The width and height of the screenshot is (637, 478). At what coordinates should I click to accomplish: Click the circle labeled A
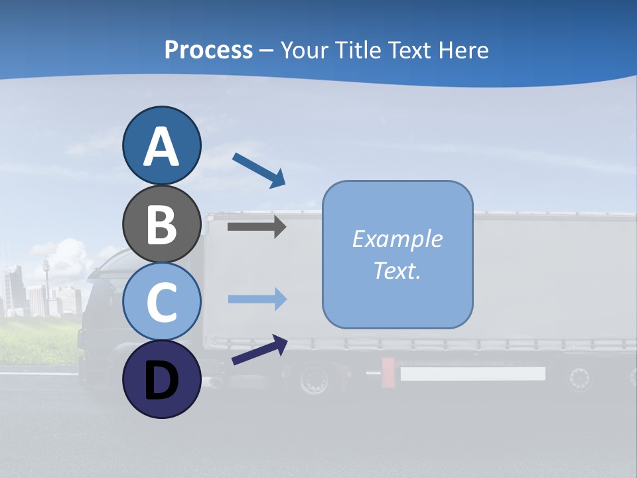pos(161,145)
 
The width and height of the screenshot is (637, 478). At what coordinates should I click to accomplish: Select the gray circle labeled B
pos(161,224)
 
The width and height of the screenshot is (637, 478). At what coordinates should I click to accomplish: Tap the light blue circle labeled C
pos(161,301)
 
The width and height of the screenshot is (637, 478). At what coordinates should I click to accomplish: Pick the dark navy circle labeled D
pos(161,379)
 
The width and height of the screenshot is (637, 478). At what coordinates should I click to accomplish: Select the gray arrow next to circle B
pos(256,226)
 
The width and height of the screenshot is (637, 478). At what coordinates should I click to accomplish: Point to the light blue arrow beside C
pos(257,299)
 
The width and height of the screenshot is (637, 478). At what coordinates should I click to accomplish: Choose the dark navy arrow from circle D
pos(259,350)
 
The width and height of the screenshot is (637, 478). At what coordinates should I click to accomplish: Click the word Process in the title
pos(208,50)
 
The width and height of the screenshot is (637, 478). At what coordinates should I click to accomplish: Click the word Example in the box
pos(397,239)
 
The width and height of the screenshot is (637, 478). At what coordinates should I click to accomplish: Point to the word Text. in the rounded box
pos(397,270)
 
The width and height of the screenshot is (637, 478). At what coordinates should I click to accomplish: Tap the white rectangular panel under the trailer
pos(472,374)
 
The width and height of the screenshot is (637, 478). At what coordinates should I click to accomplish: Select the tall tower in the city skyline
pos(46,279)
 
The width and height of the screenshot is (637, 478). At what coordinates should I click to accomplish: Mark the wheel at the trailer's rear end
pos(579,378)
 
